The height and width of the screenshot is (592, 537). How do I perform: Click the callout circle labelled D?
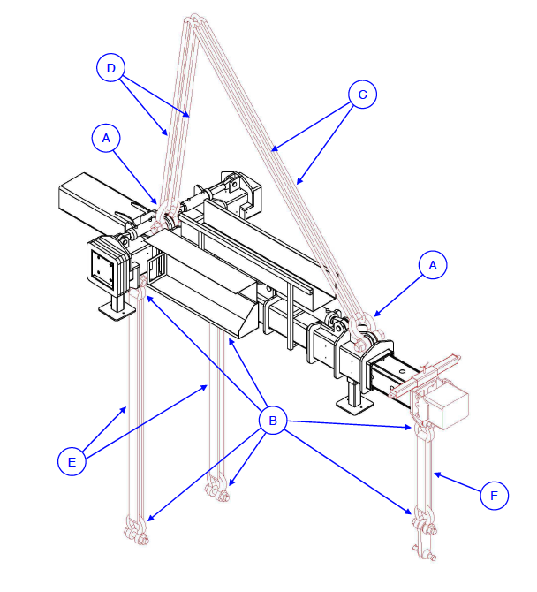coord(110,67)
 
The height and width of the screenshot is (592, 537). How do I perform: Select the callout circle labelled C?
coord(362,95)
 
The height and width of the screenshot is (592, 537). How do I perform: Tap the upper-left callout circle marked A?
coord(106,139)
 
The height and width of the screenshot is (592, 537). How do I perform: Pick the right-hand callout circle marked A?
coord(431,265)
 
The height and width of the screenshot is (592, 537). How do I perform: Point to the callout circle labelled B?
coord(273,421)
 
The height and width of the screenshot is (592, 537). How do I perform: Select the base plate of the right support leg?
coord(355,406)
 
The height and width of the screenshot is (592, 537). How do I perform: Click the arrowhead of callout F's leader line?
coord(435,474)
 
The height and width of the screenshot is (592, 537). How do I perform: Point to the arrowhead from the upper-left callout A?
coord(159,204)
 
